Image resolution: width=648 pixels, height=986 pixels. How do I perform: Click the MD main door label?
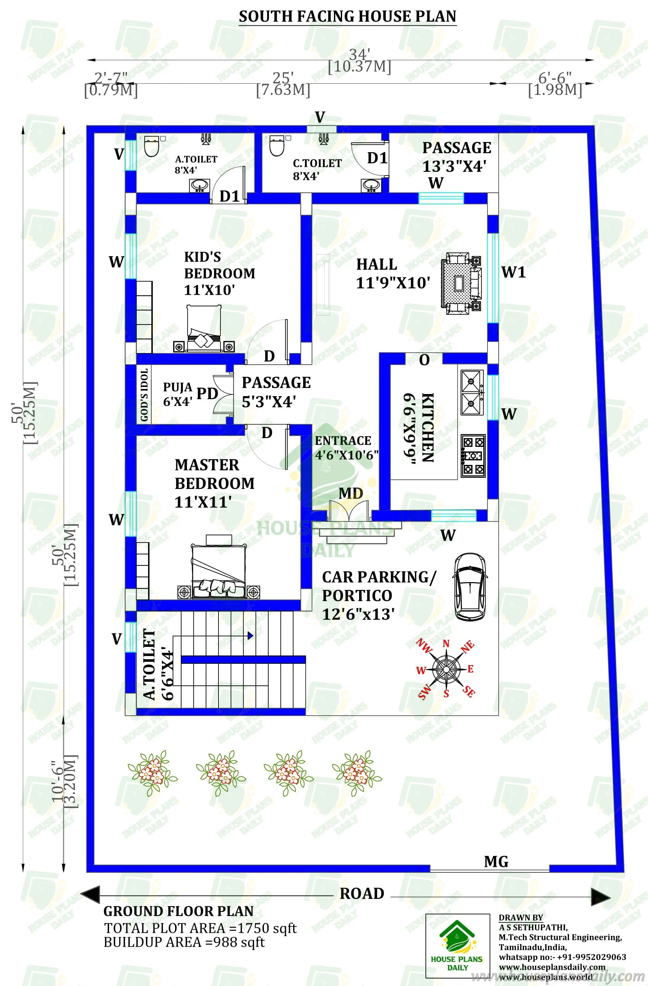350,493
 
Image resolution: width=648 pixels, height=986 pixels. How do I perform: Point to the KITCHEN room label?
427,427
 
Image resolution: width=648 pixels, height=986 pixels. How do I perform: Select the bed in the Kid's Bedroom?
204,329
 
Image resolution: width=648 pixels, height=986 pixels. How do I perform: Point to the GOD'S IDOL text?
144,395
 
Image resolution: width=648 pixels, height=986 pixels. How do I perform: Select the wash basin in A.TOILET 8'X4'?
200,185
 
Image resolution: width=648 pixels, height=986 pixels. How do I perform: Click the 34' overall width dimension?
359,54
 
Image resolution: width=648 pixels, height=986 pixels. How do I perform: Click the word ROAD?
362,893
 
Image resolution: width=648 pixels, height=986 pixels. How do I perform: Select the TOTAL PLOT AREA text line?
200,928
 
